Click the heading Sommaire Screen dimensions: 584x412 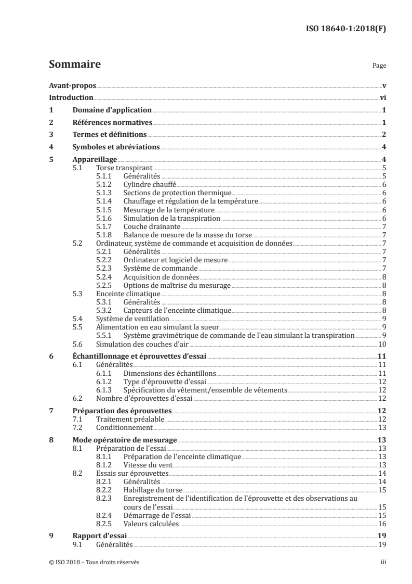[x=74, y=65]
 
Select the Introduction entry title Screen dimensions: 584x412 [x=71, y=98]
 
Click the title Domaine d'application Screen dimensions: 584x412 [x=112, y=110]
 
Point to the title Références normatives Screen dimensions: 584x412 [x=112, y=122]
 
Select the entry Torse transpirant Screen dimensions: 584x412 [x=125, y=168]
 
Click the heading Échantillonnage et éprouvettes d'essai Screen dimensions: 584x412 [x=139, y=356]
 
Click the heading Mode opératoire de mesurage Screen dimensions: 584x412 [x=125, y=440]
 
